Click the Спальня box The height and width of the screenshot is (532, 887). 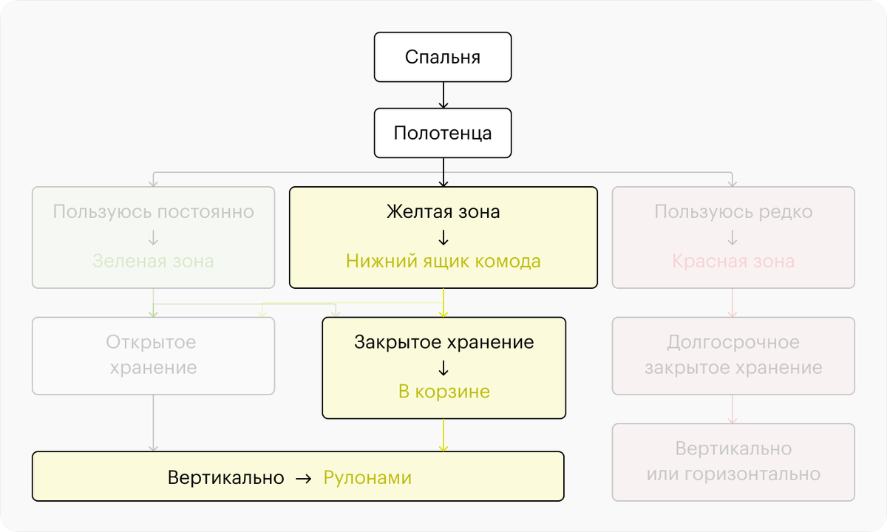coord(443,57)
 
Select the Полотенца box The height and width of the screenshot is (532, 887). coord(443,133)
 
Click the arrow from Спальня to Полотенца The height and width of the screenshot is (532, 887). coord(443,95)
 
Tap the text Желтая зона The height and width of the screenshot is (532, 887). coord(443,211)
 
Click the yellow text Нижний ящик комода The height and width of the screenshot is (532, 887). coord(443,262)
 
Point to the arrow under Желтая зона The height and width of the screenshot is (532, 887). coord(443,237)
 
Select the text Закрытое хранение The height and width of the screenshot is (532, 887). coord(444,342)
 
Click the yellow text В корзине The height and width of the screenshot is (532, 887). coord(444,392)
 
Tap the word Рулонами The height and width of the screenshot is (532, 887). coord(367,477)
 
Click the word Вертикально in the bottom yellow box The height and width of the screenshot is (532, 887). coord(225,477)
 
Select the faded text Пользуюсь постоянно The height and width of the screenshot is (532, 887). coord(153,211)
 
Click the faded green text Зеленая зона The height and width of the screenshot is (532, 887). coord(153,262)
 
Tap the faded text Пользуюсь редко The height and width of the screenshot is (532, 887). coord(733,211)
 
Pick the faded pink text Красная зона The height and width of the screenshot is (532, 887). coord(733,262)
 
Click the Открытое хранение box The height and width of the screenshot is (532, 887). coord(153,356)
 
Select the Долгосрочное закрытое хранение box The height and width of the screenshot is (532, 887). coord(733,356)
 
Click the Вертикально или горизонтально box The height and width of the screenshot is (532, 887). coord(733,463)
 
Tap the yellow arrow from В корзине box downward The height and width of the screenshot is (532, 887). coord(443,435)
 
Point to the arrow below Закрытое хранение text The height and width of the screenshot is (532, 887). coord(443,368)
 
